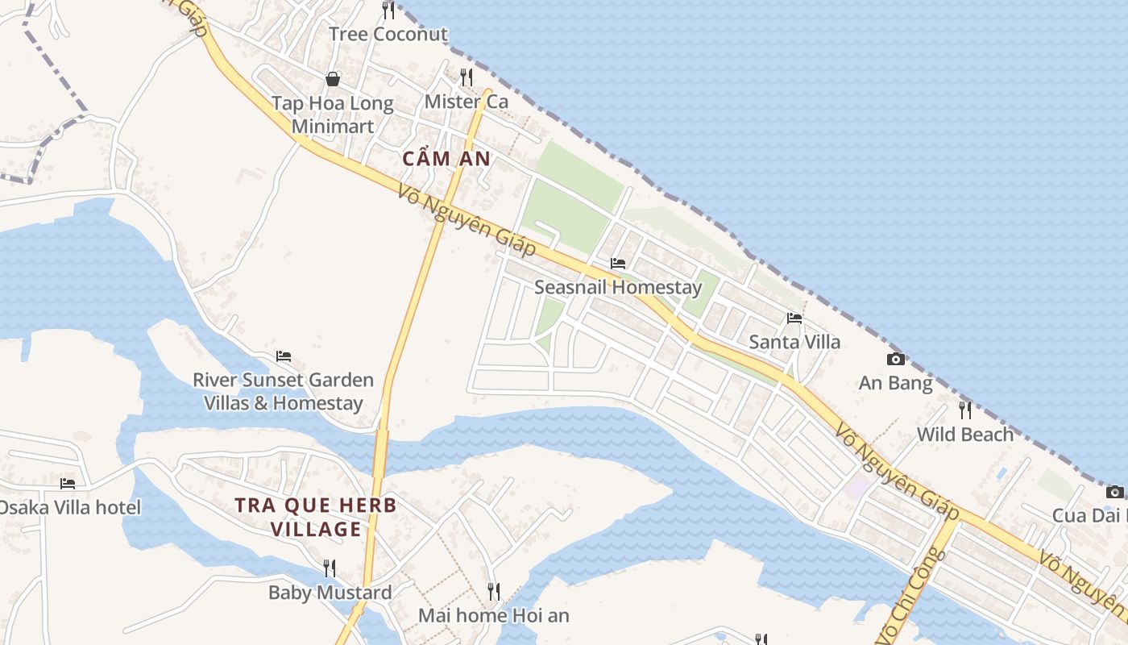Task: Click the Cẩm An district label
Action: tap(446, 159)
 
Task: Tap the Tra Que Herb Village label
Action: tap(316, 517)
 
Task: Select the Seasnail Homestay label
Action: tap(618, 287)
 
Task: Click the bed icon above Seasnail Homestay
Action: tap(618, 264)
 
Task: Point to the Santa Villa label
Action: tap(794, 342)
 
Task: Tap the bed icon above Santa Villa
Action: tap(794, 318)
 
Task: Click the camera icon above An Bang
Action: tap(895, 360)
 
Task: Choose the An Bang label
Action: tap(895, 383)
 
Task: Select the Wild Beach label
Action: tap(965, 435)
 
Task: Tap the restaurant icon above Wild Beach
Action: tap(965, 410)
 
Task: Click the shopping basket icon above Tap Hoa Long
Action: tap(332, 79)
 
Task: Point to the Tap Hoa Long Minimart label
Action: tap(332, 114)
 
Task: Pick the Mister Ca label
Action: tap(467, 102)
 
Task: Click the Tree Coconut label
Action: tap(388, 34)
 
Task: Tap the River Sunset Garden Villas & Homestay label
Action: tap(283, 391)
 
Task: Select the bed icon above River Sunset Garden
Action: tap(284, 356)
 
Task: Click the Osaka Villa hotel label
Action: tap(69, 507)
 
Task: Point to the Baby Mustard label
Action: tap(330, 593)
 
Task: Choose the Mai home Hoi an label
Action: tap(493, 616)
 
